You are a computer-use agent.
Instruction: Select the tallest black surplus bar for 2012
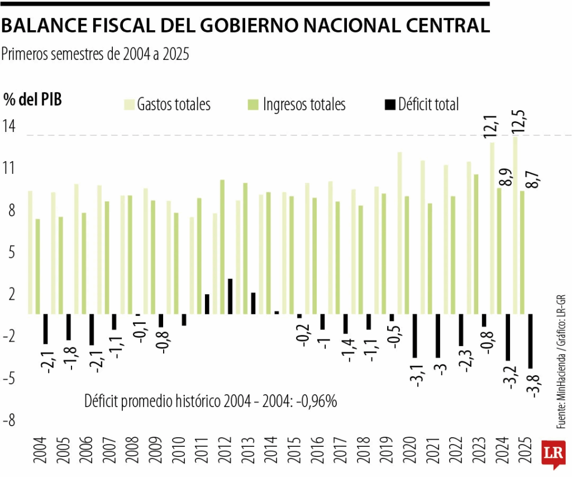(230, 296)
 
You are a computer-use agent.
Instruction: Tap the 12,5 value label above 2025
(519, 120)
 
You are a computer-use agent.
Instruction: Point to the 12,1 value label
(491, 125)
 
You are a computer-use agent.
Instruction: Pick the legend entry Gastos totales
(168, 105)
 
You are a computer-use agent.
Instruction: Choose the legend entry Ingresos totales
(297, 105)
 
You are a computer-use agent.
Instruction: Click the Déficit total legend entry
(422, 105)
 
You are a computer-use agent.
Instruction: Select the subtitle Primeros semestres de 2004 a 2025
(96, 54)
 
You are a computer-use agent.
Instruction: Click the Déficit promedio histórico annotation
(211, 401)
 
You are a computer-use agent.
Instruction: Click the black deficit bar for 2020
(414, 335)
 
